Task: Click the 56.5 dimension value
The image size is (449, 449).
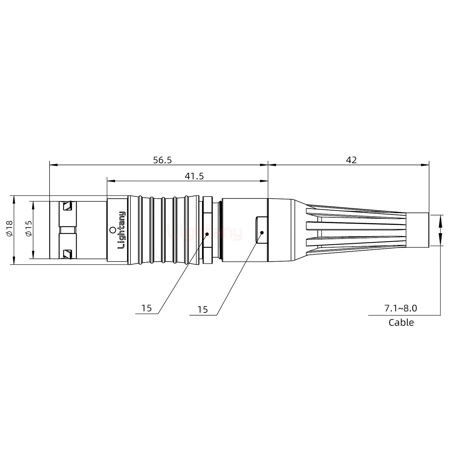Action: (162, 160)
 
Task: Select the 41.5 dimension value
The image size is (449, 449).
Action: (194, 176)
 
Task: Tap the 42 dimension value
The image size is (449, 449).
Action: (351, 160)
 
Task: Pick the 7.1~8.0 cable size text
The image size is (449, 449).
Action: (400, 308)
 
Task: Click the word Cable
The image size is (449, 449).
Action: (401, 322)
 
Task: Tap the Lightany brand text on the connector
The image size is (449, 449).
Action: (122, 230)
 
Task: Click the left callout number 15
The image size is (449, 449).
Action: (146, 308)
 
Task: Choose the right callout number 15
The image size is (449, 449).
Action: (202, 310)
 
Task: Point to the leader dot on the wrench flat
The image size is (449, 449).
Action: (262, 233)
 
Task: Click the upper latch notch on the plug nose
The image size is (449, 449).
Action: (67, 206)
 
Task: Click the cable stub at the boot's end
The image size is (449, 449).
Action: (418, 230)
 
